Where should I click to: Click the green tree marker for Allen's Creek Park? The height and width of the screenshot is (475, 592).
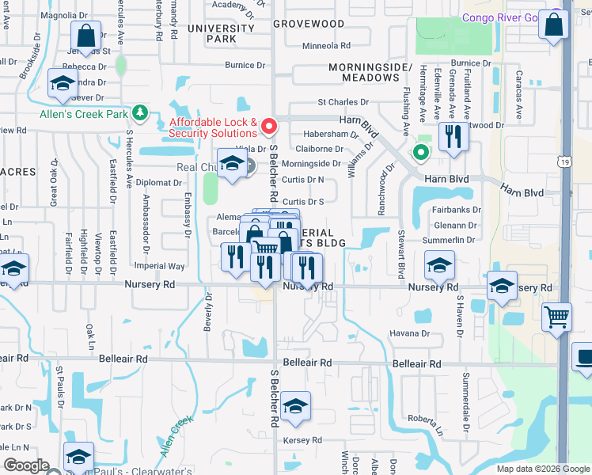pos(140,113)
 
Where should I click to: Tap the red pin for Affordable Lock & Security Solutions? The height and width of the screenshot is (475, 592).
pos(270,126)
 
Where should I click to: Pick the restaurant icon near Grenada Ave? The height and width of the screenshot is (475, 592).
pos(453,137)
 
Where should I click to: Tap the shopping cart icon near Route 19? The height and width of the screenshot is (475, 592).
pos(557,318)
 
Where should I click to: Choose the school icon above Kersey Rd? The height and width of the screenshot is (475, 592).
pos(295,407)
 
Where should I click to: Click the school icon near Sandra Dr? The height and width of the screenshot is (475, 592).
pos(62,83)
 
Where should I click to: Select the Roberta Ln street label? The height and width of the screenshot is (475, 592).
pos(423,418)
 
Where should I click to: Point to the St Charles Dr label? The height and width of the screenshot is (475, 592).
pos(343,102)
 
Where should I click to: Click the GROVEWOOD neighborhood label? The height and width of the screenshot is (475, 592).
pos(309,24)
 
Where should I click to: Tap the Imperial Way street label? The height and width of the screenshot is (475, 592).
pos(160,266)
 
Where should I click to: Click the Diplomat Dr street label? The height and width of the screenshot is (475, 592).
pos(159,182)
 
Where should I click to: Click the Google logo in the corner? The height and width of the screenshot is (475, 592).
pos(26,465)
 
